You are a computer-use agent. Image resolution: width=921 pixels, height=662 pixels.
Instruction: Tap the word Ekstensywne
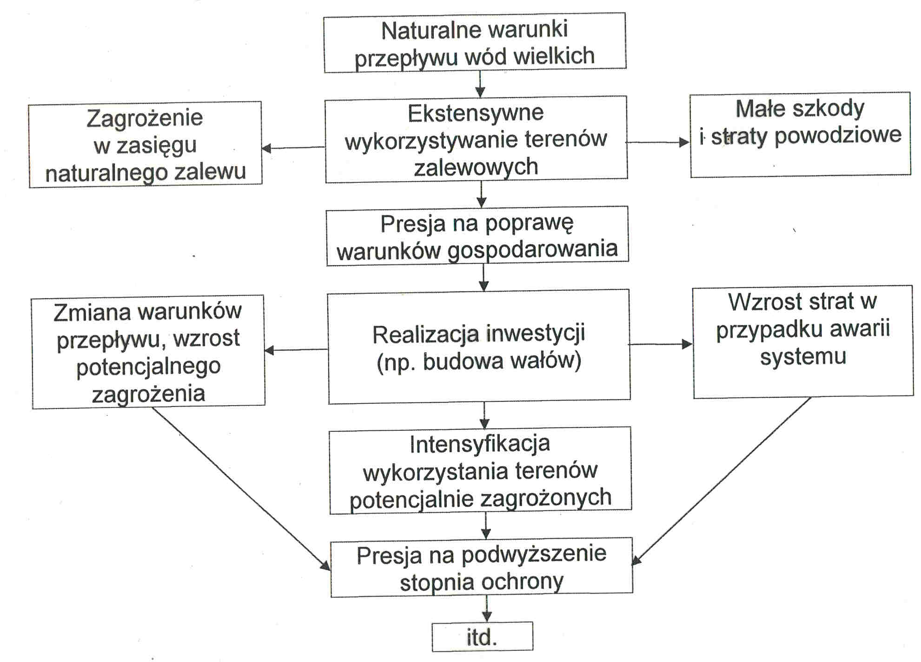point(476,113)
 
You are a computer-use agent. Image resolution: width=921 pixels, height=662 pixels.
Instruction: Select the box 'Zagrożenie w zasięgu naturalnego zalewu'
point(145,144)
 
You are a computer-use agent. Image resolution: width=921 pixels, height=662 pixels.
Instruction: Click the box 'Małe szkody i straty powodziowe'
point(800,134)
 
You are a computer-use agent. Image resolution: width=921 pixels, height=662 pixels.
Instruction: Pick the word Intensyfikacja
point(480,444)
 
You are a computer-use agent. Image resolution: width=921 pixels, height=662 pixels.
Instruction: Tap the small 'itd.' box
point(482,637)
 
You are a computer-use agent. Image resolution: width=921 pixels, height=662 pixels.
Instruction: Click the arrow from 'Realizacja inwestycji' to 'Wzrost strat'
point(661,344)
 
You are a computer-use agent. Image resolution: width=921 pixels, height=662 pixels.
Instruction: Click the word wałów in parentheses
point(541,361)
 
